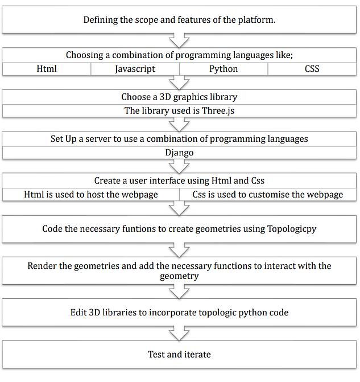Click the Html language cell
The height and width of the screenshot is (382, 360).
47,69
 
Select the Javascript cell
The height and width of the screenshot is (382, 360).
135,69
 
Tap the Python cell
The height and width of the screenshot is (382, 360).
223,69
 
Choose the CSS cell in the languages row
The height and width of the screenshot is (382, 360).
312,69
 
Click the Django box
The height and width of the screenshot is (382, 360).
179,153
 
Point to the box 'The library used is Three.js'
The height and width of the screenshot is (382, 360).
179,110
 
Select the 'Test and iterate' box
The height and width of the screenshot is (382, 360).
179,355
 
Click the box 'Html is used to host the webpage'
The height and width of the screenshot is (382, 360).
91,194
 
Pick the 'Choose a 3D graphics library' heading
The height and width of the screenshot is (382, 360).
179,97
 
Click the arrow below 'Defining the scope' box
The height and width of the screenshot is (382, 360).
180,40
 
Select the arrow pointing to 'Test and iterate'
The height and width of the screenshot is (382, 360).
180,333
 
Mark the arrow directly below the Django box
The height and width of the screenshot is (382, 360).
180,166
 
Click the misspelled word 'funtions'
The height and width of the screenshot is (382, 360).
142,229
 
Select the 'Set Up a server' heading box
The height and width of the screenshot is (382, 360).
179,139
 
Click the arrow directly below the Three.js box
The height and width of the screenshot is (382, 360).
180,124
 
